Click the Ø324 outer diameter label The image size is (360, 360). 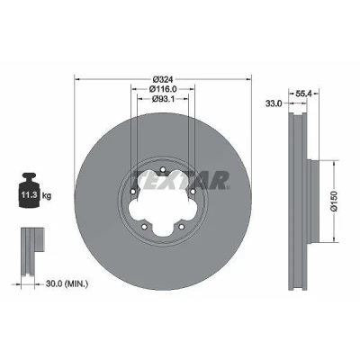163,79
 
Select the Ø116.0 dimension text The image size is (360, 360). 163,89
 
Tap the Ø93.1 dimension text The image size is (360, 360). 163,98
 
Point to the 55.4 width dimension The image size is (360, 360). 304,94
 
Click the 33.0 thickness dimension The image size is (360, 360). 274,103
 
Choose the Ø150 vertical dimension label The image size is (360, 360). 335,201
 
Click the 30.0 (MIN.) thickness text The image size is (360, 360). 67,283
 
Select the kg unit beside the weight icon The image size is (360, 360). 47,196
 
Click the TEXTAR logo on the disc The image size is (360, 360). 181,181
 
